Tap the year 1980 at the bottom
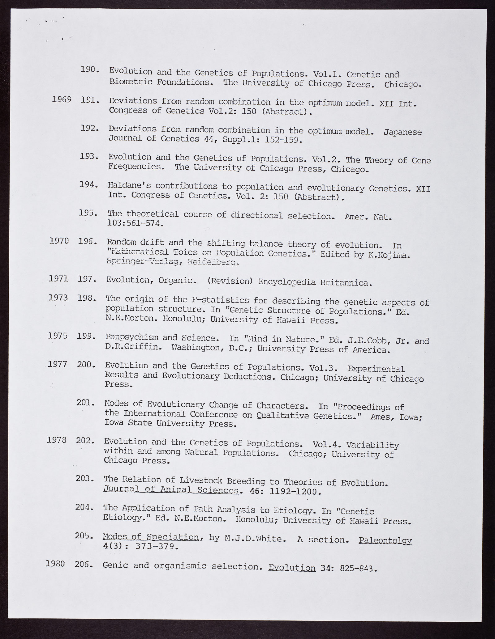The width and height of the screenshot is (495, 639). [x=55, y=564]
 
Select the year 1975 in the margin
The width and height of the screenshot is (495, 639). [x=58, y=336]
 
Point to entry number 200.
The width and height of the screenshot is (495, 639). [x=85, y=365]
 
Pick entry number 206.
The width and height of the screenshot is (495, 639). [x=84, y=564]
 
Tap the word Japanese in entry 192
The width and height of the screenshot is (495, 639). [x=402, y=132]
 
